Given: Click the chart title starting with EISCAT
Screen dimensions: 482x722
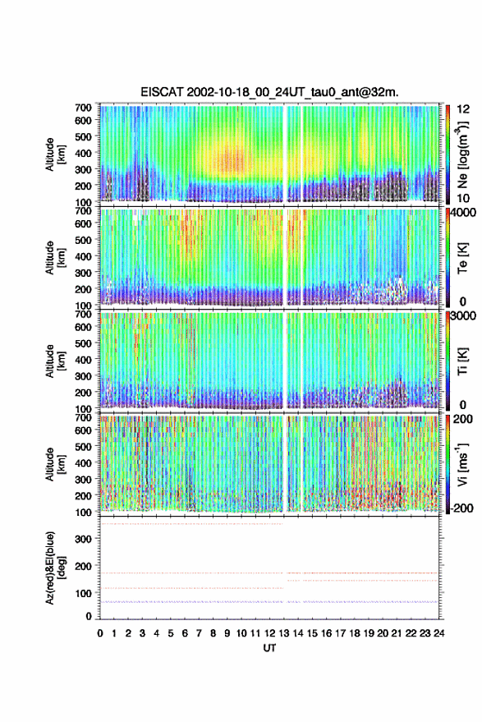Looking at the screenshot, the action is tap(269, 92).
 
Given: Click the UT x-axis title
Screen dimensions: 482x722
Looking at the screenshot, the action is tap(270, 648).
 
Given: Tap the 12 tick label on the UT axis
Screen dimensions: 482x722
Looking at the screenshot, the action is tap(270, 633).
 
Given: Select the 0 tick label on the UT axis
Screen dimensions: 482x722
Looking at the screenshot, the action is tap(100, 633).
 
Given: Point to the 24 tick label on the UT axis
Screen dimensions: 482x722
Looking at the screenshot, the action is tap(438, 633).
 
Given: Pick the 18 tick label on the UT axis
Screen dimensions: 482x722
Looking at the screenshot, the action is tap(355, 633).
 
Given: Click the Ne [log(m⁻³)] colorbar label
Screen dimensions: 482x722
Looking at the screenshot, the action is tap(462, 154).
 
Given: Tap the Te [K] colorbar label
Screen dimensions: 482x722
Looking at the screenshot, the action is tap(462, 258).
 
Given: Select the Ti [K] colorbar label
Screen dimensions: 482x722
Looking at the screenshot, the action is tap(462, 361).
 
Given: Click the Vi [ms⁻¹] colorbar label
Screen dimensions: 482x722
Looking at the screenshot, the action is tap(462, 464).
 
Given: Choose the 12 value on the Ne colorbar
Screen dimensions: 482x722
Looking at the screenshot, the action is tap(463, 109).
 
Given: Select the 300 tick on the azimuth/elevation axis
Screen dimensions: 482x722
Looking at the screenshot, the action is tap(83, 539).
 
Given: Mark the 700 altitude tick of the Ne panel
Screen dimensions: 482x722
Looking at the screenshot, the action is tap(83, 108).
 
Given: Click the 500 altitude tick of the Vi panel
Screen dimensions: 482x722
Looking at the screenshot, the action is tap(83, 447).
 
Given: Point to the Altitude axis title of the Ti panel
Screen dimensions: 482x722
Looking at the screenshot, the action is tap(54, 361).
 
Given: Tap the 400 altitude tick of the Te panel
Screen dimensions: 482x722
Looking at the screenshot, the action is tap(83, 256).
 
